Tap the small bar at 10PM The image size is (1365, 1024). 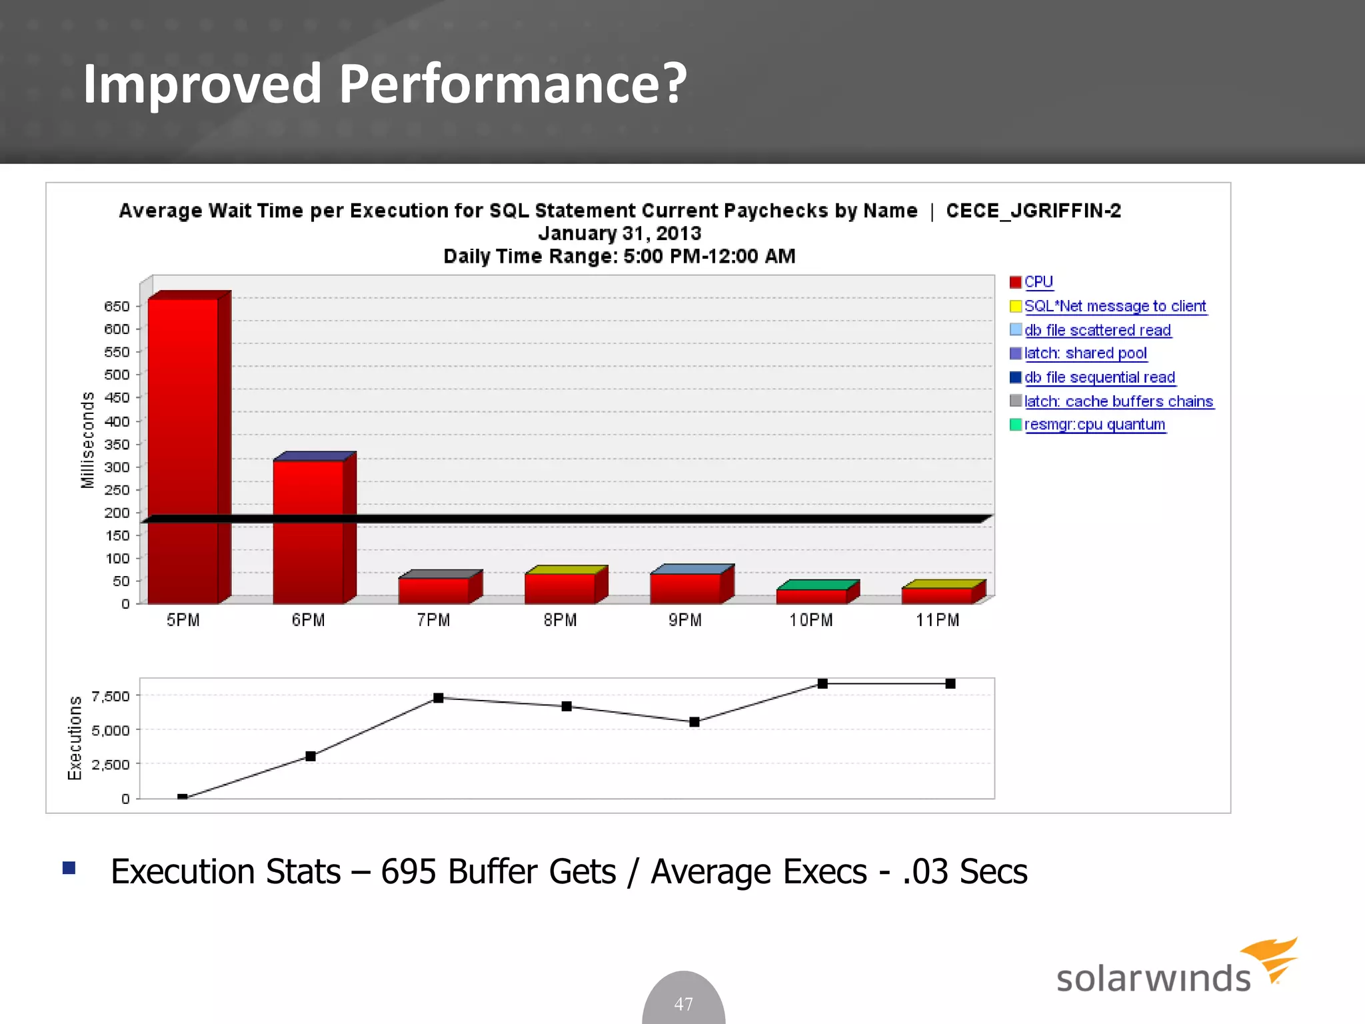pyautogui.click(x=811, y=595)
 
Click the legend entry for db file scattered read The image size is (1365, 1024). pyautogui.click(x=1096, y=330)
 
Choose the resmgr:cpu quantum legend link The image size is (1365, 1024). pyautogui.click(x=1094, y=425)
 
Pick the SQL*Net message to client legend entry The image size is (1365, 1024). pyautogui.click(x=1114, y=306)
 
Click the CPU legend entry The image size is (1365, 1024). pyautogui.click(x=1038, y=282)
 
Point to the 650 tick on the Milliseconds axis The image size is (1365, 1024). pyautogui.click(x=117, y=307)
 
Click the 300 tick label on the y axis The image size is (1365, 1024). pyautogui.click(x=117, y=467)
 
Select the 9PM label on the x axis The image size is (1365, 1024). pyautogui.click(x=685, y=621)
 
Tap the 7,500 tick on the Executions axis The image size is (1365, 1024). pyautogui.click(x=111, y=697)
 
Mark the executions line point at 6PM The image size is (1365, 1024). pyautogui.click(x=311, y=756)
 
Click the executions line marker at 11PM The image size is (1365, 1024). pyautogui.click(x=950, y=683)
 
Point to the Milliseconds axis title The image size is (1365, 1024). pyautogui.click(x=87, y=440)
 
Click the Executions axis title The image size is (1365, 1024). pyautogui.click(x=75, y=738)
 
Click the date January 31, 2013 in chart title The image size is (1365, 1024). pyautogui.click(x=619, y=233)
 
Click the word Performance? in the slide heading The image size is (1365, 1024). pyautogui.click(x=513, y=84)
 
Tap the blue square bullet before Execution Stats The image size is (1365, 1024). pyautogui.click(x=69, y=868)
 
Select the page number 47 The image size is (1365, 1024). pyautogui.click(x=683, y=1003)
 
